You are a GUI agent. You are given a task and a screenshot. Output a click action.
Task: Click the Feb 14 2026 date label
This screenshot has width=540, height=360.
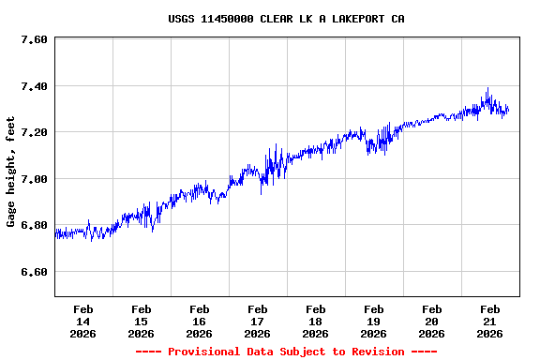pos(83,321)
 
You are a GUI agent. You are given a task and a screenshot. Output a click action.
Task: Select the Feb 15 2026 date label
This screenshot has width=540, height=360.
pos(142,321)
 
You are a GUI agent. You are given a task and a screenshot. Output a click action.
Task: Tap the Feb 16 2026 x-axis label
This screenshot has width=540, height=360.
pos(200,321)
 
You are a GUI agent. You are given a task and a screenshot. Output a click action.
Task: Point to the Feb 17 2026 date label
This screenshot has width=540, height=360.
pos(258,321)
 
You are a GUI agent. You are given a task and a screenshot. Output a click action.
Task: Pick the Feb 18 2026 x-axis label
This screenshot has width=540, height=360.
pos(316,321)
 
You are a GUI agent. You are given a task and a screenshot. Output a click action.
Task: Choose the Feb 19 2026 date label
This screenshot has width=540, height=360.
pos(374,321)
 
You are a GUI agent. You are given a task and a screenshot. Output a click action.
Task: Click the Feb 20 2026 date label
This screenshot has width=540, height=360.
pos(432,321)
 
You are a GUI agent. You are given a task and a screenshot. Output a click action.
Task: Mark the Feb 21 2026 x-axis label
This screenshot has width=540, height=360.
pos(490,321)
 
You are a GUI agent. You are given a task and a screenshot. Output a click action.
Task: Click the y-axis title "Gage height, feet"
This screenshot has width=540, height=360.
pos(11,172)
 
